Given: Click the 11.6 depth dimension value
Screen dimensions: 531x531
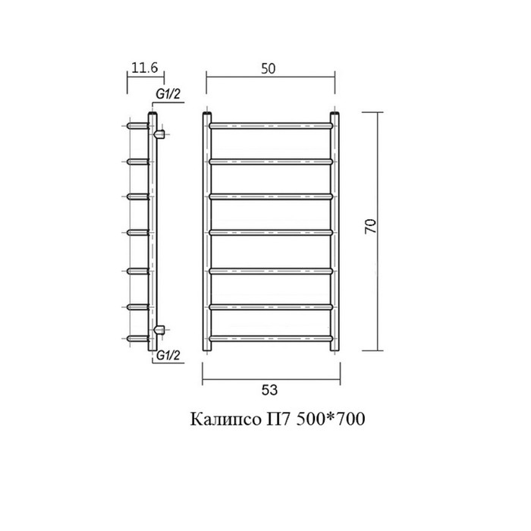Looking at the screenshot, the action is (x=145, y=68).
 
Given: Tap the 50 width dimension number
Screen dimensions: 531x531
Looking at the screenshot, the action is (x=269, y=69).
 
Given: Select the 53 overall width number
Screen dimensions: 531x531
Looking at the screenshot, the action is (x=269, y=390).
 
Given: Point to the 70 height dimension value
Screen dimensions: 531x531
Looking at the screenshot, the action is (x=371, y=226).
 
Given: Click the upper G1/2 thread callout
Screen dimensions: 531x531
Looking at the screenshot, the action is (x=168, y=94).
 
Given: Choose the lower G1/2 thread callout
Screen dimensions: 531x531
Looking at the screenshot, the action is (x=168, y=356).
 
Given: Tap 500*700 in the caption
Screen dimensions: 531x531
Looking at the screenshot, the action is (x=331, y=419).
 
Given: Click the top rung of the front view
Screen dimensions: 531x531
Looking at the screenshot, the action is (x=271, y=126).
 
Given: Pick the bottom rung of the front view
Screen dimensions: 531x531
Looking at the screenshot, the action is (x=271, y=338).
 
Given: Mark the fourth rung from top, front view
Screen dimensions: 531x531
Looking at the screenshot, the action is (x=271, y=232).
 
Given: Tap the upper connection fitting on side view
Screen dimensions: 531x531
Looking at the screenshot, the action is (x=159, y=134).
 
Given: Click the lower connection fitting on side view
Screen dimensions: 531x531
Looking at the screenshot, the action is (x=159, y=329).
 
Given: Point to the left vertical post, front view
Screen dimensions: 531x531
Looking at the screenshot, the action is (x=207, y=231).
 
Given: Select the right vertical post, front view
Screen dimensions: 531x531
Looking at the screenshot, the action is (x=335, y=231).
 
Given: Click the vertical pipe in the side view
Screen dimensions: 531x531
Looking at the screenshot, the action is (x=152, y=231).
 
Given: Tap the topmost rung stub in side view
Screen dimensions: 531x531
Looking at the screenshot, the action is (x=138, y=126).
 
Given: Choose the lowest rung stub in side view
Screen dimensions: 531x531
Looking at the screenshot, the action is (x=138, y=338).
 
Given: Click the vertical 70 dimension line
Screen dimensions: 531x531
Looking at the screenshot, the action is (x=378, y=231).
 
